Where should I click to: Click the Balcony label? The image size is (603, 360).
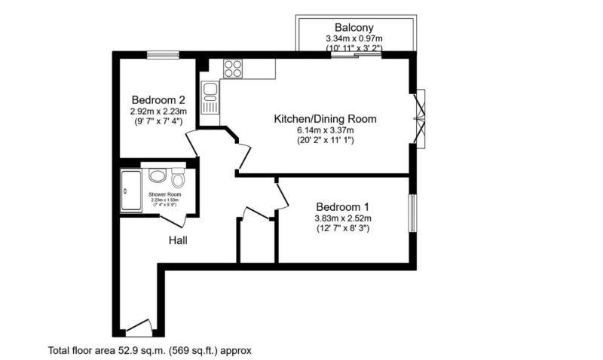[354, 27]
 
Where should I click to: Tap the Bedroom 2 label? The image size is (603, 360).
[158, 99]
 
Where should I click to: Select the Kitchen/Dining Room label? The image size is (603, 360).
[325, 119]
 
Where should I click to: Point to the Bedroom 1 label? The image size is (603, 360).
[343, 207]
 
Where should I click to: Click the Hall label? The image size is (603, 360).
[178, 240]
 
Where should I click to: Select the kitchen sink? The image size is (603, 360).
[211, 97]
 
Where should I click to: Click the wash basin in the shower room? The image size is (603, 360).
[157, 176]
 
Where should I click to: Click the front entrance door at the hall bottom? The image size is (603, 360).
[139, 329]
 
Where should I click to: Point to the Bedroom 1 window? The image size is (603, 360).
[412, 214]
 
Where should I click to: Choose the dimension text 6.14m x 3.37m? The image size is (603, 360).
[325, 130]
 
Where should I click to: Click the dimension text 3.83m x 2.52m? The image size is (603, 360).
[343, 218]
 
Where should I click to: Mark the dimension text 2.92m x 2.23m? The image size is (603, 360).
[158, 111]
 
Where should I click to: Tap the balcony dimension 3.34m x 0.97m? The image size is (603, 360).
[354, 38]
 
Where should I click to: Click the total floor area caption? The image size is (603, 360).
[149, 350]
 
